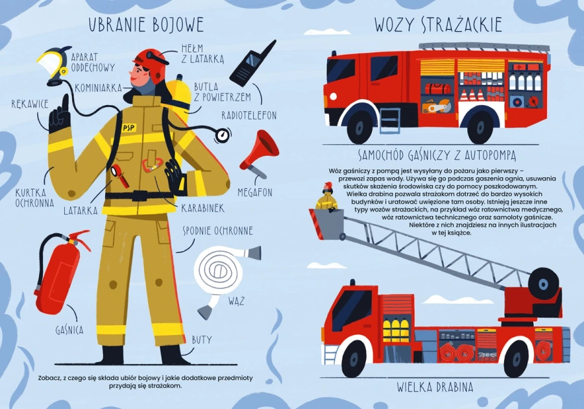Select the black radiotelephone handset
[x=250, y=64]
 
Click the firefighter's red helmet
[x=151, y=58]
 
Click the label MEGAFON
[x=255, y=193]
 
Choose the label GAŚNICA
[x=69, y=330]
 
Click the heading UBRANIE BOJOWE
[x=146, y=25]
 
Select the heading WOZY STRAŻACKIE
[x=438, y=25]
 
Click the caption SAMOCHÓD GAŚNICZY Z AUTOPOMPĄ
[x=437, y=155]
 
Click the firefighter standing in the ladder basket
[x=327, y=198]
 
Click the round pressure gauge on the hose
[x=223, y=135]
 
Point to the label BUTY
[x=201, y=340]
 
